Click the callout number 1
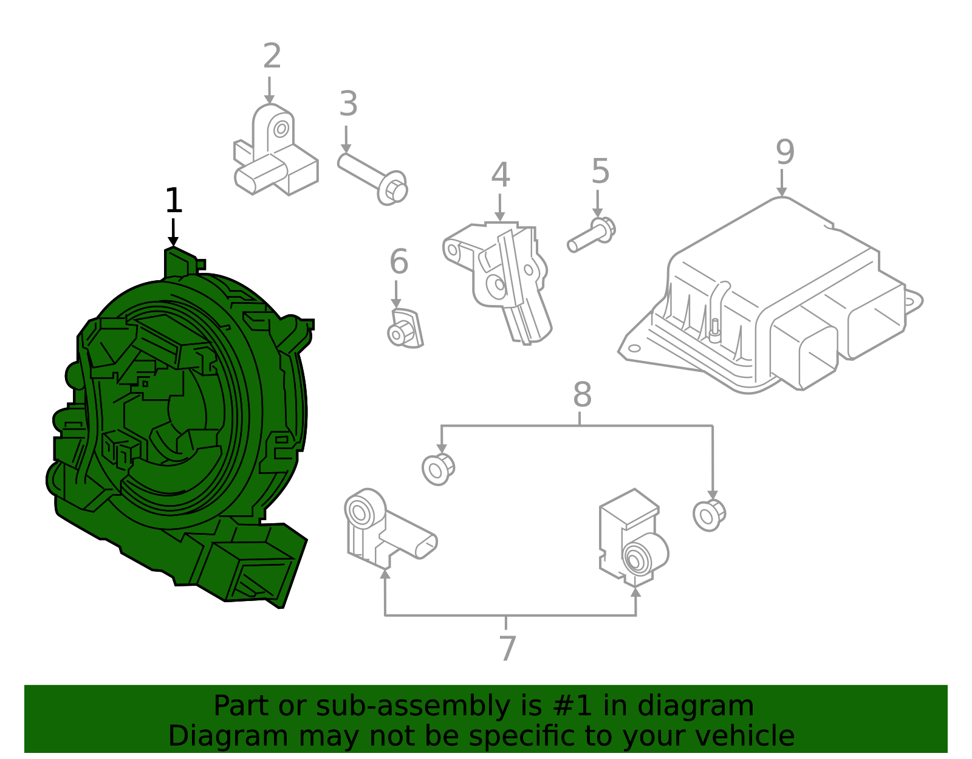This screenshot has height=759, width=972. pyautogui.click(x=174, y=201)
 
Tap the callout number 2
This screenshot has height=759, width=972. pyautogui.click(x=272, y=56)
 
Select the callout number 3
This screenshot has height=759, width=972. pyautogui.click(x=348, y=104)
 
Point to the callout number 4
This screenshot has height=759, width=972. pyautogui.click(x=500, y=175)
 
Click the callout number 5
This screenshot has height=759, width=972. pyautogui.click(x=600, y=171)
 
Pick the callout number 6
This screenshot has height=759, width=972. pyautogui.click(x=399, y=262)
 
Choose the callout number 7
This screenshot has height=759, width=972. pyautogui.click(x=507, y=648)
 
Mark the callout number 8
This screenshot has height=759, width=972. pyautogui.click(x=582, y=395)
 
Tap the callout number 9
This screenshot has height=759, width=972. pyautogui.click(x=784, y=152)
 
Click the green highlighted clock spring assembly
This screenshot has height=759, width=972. pyautogui.click(x=182, y=425)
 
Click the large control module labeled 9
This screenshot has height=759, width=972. pyautogui.click(x=772, y=298)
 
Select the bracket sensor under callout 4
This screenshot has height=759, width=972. pyautogui.click(x=504, y=273)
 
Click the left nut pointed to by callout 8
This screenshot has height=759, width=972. pyautogui.click(x=437, y=469)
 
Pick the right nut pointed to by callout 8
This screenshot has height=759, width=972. pyautogui.click(x=708, y=515)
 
